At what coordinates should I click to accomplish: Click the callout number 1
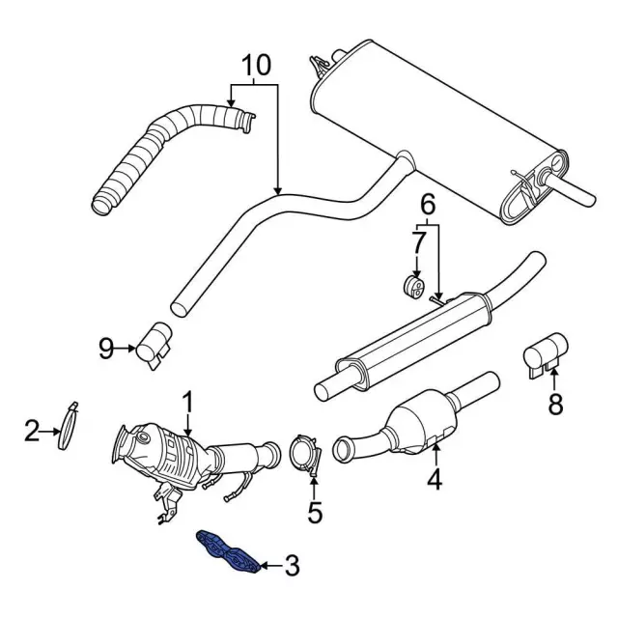(x=188, y=399)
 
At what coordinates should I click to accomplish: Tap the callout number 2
(x=32, y=431)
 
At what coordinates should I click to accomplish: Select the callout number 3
(x=293, y=565)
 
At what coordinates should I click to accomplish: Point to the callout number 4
(x=434, y=478)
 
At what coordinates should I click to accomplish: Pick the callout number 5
(x=315, y=512)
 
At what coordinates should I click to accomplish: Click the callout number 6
(x=428, y=204)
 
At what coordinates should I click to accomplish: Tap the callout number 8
(x=555, y=406)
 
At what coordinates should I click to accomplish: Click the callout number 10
(x=257, y=66)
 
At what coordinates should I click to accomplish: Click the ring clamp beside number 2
(x=68, y=424)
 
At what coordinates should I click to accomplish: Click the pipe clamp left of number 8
(x=546, y=353)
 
